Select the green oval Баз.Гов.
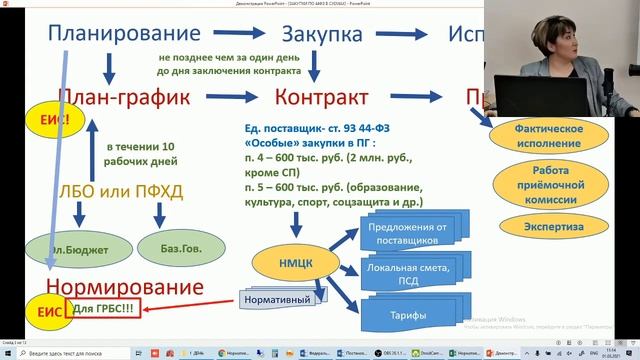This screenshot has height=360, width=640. click(x=169, y=246)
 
